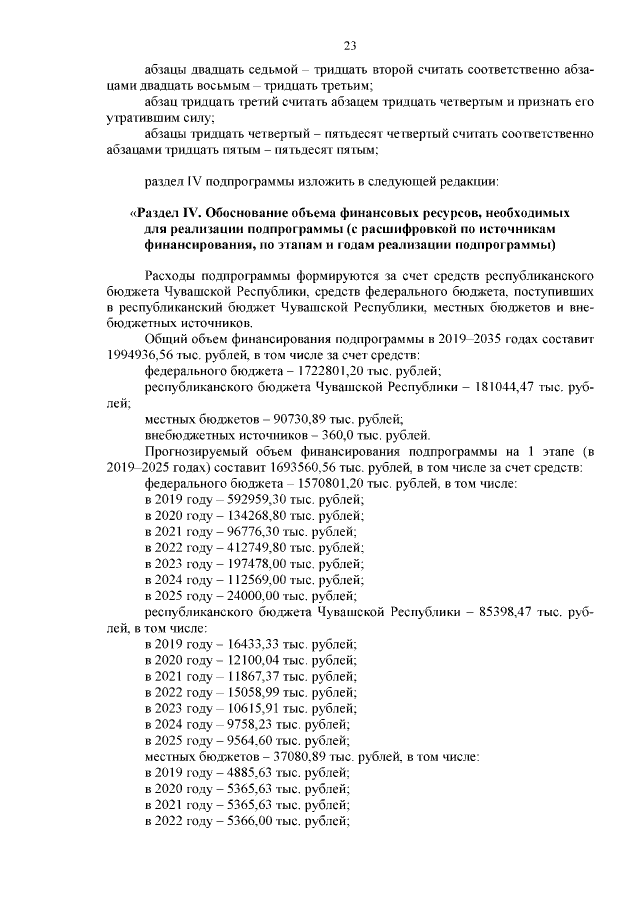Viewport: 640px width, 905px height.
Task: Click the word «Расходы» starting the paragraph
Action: click(174, 273)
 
